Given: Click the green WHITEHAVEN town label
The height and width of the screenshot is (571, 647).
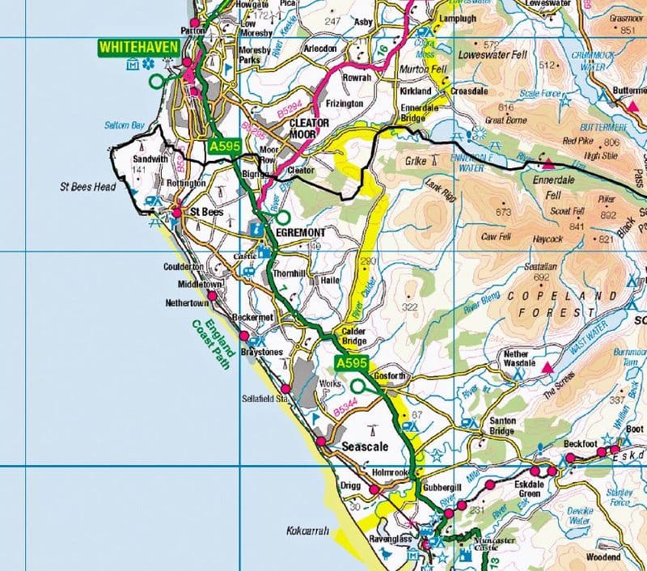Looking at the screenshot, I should pyautogui.click(x=137, y=48).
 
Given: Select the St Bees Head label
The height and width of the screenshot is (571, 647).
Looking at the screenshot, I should pyautogui.click(x=88, y=187).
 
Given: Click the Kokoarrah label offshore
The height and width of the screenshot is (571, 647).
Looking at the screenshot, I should pyautogui.click(x=308, y=531).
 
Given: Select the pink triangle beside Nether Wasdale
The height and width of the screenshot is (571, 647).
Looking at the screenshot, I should pyautogui.click(x=548, y=368).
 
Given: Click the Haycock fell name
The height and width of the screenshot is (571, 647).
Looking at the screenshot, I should pyautogui.click(x=548, y=239).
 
